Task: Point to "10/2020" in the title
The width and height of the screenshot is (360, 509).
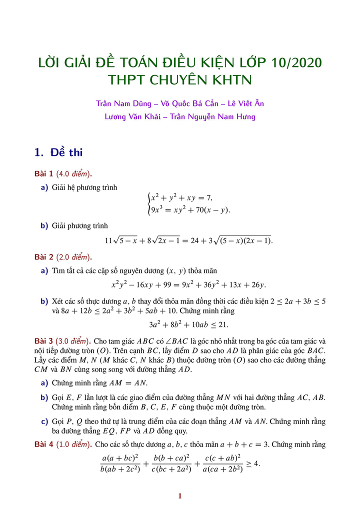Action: [295, 63]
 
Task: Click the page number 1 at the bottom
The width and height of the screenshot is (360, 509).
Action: [180, 496]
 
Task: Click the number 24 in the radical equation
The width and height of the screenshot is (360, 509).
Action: [198, 240]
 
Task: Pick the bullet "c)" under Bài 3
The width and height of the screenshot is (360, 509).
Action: [44, 421]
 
